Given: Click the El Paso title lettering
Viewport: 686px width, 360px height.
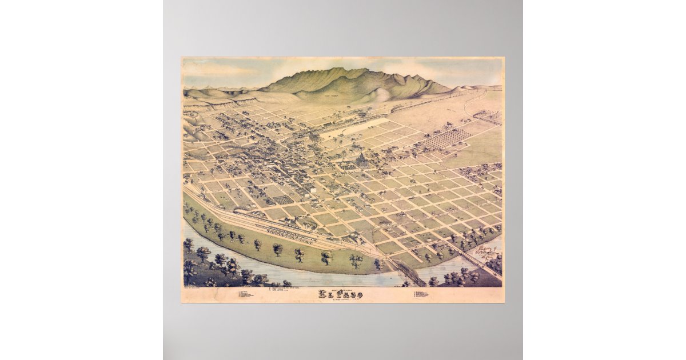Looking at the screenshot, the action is pos(341,294).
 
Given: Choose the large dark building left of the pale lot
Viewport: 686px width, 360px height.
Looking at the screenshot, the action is pos(315,137).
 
